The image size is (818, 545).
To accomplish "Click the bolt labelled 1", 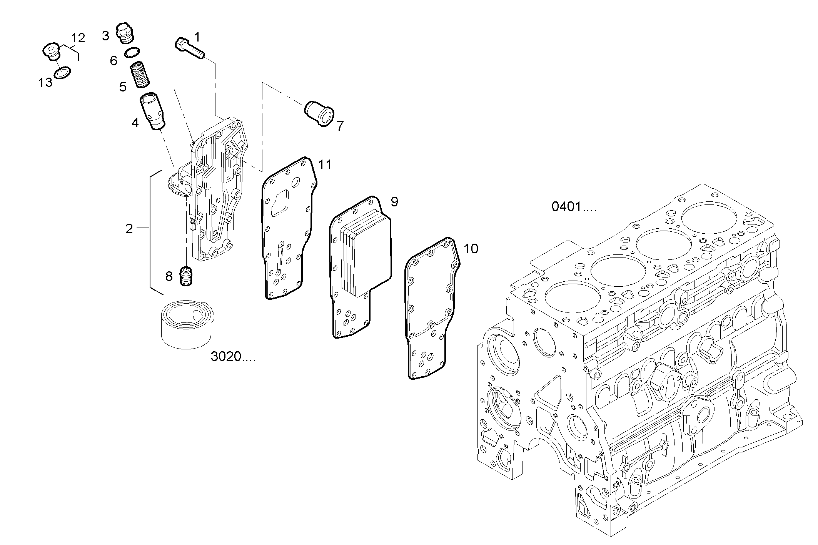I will click(x=190, y=48).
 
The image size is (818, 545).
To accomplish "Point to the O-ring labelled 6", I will click(x=132, y=52).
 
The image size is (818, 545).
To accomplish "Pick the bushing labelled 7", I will click(x=320, y=113).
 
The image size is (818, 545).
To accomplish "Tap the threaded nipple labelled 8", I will click(x=187, y=276).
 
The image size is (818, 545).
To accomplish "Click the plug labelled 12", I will click(x=50, y=53).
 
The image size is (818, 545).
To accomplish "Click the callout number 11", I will click(x=325, y=165).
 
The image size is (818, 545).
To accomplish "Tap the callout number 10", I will click(x=471, y=249).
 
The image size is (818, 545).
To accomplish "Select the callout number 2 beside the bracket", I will click(x=129, y=229).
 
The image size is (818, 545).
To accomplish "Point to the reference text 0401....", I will click(x=574, y=207).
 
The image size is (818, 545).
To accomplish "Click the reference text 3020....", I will click(x=233, y=357).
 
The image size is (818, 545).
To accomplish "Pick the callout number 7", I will click(x=339, y=126).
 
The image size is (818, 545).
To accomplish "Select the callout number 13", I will click(x=45, y=82).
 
